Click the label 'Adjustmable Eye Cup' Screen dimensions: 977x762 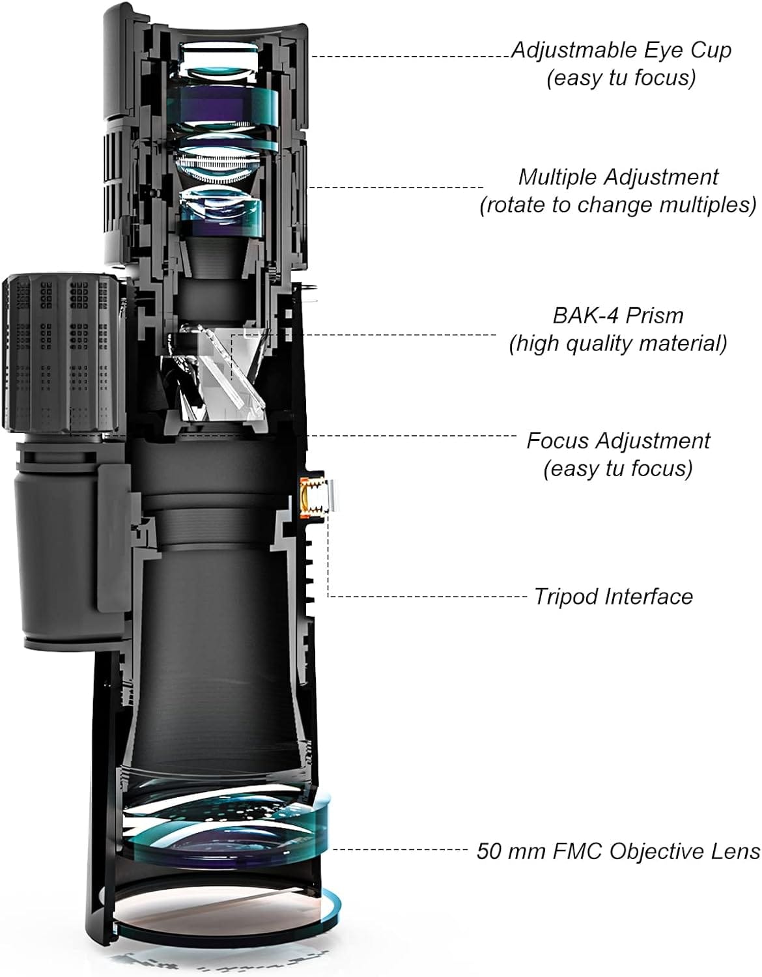pyautogui.click(x=621, y=50)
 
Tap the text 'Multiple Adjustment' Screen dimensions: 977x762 pyautogui.click(x=618, y=177)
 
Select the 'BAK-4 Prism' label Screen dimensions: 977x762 pyautogui.click(x=618, y=315)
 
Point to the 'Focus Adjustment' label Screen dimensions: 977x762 pyautogui.click(x=618, y=440)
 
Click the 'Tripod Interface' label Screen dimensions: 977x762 pyautogui.click(x=614, y=596)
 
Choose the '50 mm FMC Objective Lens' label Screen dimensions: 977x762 pyautogui.click(x=618, y=851)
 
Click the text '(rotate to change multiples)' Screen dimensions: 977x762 pyautogui.click(x=618, y=205)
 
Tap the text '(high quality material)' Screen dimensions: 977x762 pyautogui.click(x=618, y=343)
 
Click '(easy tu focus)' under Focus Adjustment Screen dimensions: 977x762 pyautogui.click(x=618, y=468)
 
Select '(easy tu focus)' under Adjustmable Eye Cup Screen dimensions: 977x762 pyautogui.click(x=621, y=78)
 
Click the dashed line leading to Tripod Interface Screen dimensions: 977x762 pyautogui.click(x=423, y=596)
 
